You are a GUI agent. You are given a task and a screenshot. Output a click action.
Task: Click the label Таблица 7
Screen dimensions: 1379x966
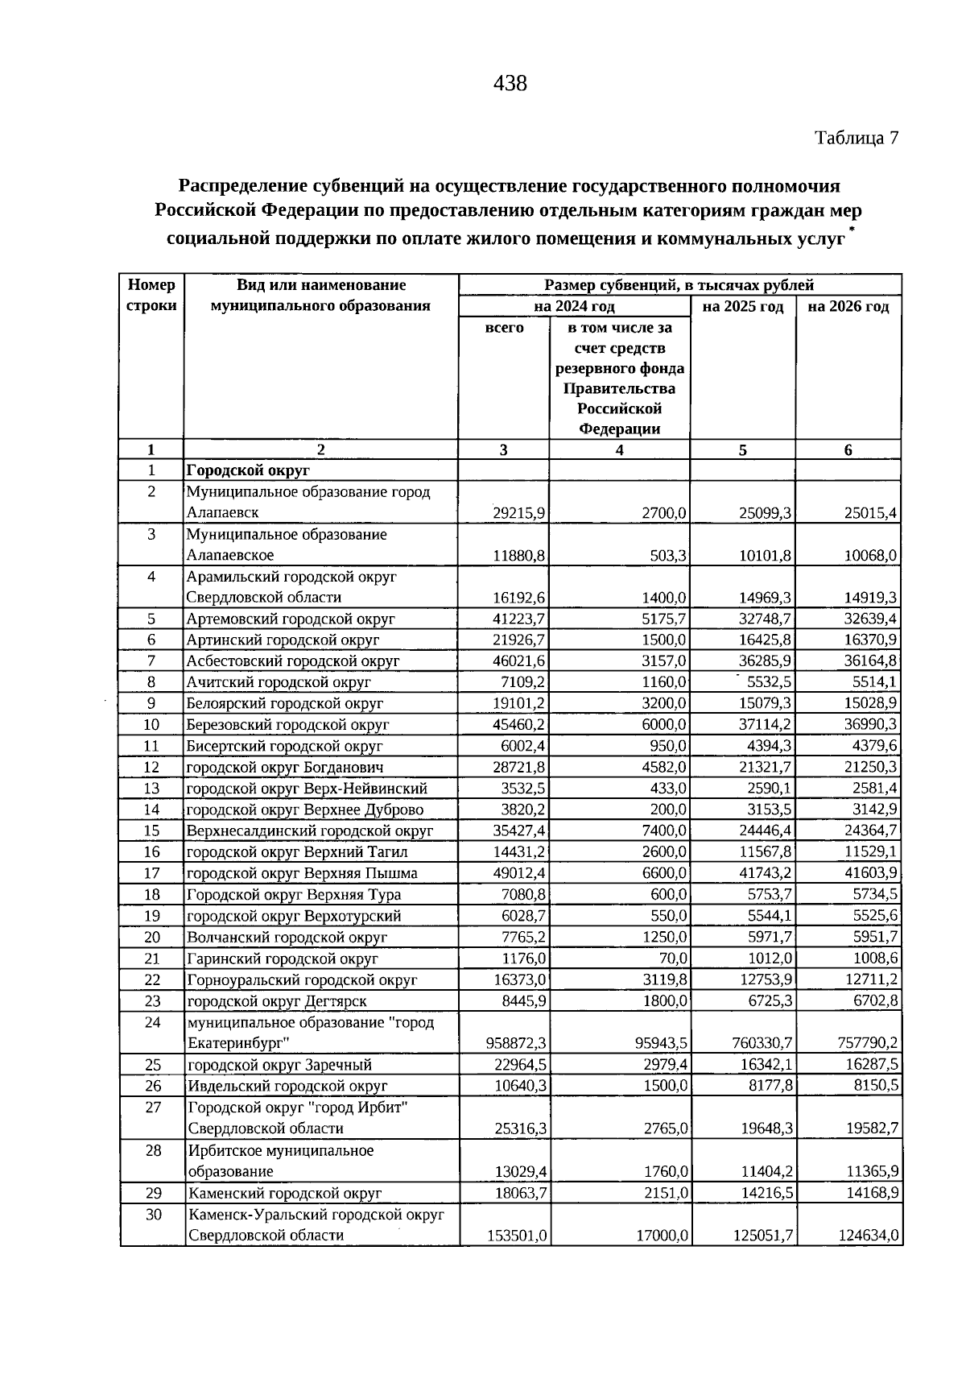click(x=856, y=138)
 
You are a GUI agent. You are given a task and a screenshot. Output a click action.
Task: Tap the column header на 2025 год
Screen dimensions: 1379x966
click(x=742, y=307)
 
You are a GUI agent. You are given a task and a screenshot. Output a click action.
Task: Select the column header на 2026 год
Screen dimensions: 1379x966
click(x=848, y=307)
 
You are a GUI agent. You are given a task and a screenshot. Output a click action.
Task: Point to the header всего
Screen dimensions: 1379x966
click(x=504, y=328)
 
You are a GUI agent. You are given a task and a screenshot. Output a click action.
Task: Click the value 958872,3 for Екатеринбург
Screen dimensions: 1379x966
click(x=518, y=1043)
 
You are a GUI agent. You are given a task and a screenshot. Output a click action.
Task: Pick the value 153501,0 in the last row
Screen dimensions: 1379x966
click(x=518, y=1236)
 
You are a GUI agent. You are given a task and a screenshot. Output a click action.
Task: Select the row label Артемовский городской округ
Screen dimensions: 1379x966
click(x=291, y=619)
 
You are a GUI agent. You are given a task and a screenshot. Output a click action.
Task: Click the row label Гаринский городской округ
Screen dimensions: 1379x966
click(x=283, y=959)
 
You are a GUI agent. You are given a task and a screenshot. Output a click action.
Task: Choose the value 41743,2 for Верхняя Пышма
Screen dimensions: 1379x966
click(x=766, y=873)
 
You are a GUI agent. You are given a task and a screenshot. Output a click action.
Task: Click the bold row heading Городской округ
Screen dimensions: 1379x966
click(x=249, y=470)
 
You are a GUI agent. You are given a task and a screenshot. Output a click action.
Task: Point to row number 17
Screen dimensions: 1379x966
click(x=151, y=873)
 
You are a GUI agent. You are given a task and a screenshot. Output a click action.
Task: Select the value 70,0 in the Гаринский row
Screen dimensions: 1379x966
click(x=672, y=959)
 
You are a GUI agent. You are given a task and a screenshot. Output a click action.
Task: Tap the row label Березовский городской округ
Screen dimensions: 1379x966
click(x=287, y=725)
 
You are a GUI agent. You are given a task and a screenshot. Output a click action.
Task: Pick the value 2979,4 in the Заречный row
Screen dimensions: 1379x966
click(x=664, y=1064)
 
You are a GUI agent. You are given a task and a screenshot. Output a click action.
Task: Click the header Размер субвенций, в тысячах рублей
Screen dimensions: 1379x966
click(x=679, y=285)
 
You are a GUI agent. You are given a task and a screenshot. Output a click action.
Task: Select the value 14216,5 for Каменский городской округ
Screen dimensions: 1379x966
click(x=766, y=1194)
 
